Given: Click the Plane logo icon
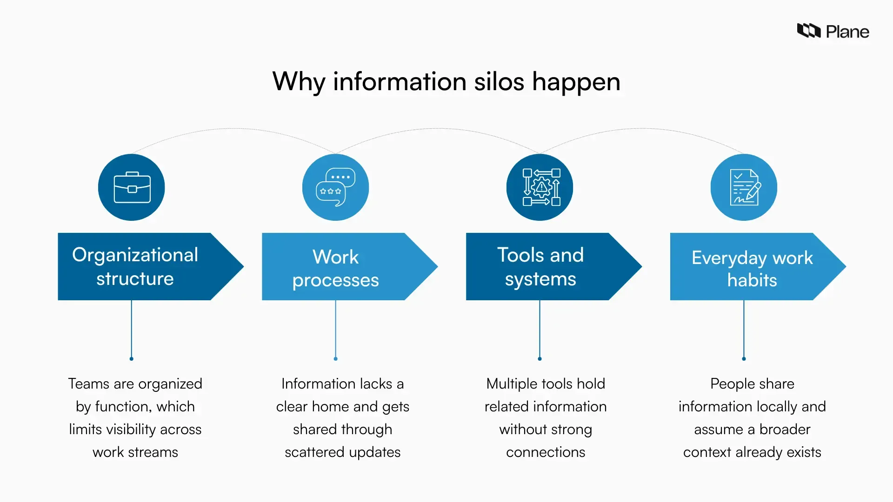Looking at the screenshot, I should click(808, 31).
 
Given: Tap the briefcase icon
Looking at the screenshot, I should click(132, 187).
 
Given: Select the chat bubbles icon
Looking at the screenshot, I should click(335, 187).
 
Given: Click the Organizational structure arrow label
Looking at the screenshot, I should click(135, 266).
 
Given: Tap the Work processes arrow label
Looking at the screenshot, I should click(335, 268).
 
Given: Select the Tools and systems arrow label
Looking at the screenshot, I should click(540, 267).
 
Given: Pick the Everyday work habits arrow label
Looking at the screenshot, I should click(752, 268).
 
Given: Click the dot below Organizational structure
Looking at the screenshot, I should click(132, 359).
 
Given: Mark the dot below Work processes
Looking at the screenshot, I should click(336, 359).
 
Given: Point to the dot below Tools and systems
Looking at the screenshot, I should click(540, 359).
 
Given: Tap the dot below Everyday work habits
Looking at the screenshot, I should click(744, 359).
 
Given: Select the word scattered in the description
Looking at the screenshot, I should click(314, 452).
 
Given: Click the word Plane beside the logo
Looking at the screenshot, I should click(847, 32).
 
